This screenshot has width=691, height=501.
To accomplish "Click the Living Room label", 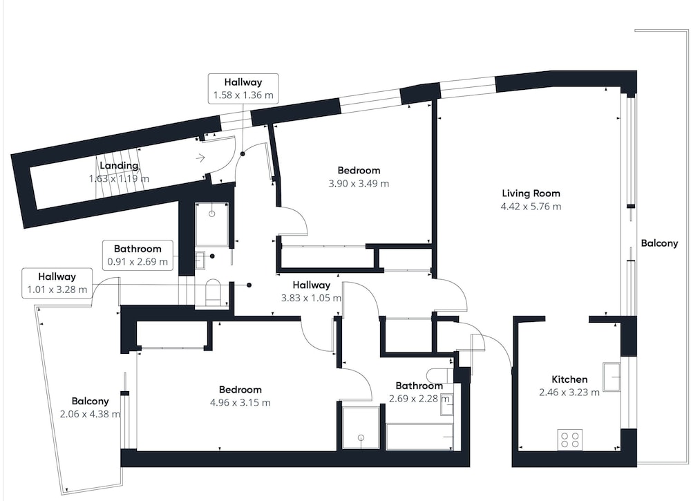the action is tap(531, 193).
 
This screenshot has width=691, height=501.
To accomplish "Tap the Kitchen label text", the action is tap(569, 379).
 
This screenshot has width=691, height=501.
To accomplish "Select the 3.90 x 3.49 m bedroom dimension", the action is tap(359, 184).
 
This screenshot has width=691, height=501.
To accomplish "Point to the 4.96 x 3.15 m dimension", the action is tap(240, 403).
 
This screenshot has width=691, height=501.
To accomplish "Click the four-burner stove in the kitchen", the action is tap(569, 439).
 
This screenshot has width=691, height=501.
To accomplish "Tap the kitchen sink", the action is tap(612, 377).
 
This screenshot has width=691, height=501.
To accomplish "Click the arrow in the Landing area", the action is tap(200, 158).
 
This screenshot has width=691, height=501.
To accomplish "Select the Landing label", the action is tap(119, 166).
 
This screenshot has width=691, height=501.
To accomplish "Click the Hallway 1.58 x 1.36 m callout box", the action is tap(243, 88).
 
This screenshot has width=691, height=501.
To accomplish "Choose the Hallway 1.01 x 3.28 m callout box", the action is tap(57, 283).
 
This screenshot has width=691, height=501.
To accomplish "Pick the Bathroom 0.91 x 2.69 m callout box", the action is tap(138, 255).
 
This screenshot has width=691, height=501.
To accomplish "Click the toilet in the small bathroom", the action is tap(214, 292).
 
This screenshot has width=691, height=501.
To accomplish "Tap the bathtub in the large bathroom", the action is tap(419, 437).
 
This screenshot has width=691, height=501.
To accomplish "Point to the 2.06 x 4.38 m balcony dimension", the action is tap(90, 414).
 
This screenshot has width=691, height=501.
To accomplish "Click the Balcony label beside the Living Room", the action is tap(659, 243).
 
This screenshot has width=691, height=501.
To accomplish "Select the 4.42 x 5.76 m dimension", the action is tap(531, 207).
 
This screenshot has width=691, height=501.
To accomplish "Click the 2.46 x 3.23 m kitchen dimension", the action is tap(569, 393).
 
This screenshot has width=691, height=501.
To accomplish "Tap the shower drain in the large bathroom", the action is tap(361, 437).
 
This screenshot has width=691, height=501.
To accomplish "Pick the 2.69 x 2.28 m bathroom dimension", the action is tap(419, 399).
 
